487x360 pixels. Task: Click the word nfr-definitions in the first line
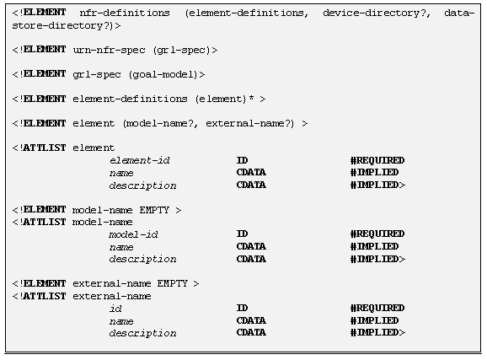[125, 13]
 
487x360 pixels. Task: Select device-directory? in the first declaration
[377, 13]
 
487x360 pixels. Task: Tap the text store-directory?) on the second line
[62, 25]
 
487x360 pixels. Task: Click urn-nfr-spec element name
[109, 50]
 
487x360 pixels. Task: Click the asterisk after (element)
[251, 99]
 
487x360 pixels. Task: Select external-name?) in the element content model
[249, 124]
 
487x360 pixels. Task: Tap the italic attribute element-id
[140, 160]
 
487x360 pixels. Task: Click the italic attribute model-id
[133, 234]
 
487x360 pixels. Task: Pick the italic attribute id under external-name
[115, 309]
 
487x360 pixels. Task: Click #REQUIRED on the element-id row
[377, 160]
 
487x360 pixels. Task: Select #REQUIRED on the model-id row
[377, 234]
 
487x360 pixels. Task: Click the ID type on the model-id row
[243, 234]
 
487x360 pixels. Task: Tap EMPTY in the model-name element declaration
[154, 210]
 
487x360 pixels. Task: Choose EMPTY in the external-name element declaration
[173, 283]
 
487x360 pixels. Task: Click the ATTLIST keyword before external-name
[45, 296]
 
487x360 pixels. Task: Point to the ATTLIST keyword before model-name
[45, 222]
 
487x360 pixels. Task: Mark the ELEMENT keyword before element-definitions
[45, 99]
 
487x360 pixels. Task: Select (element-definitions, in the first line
[247, 13]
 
